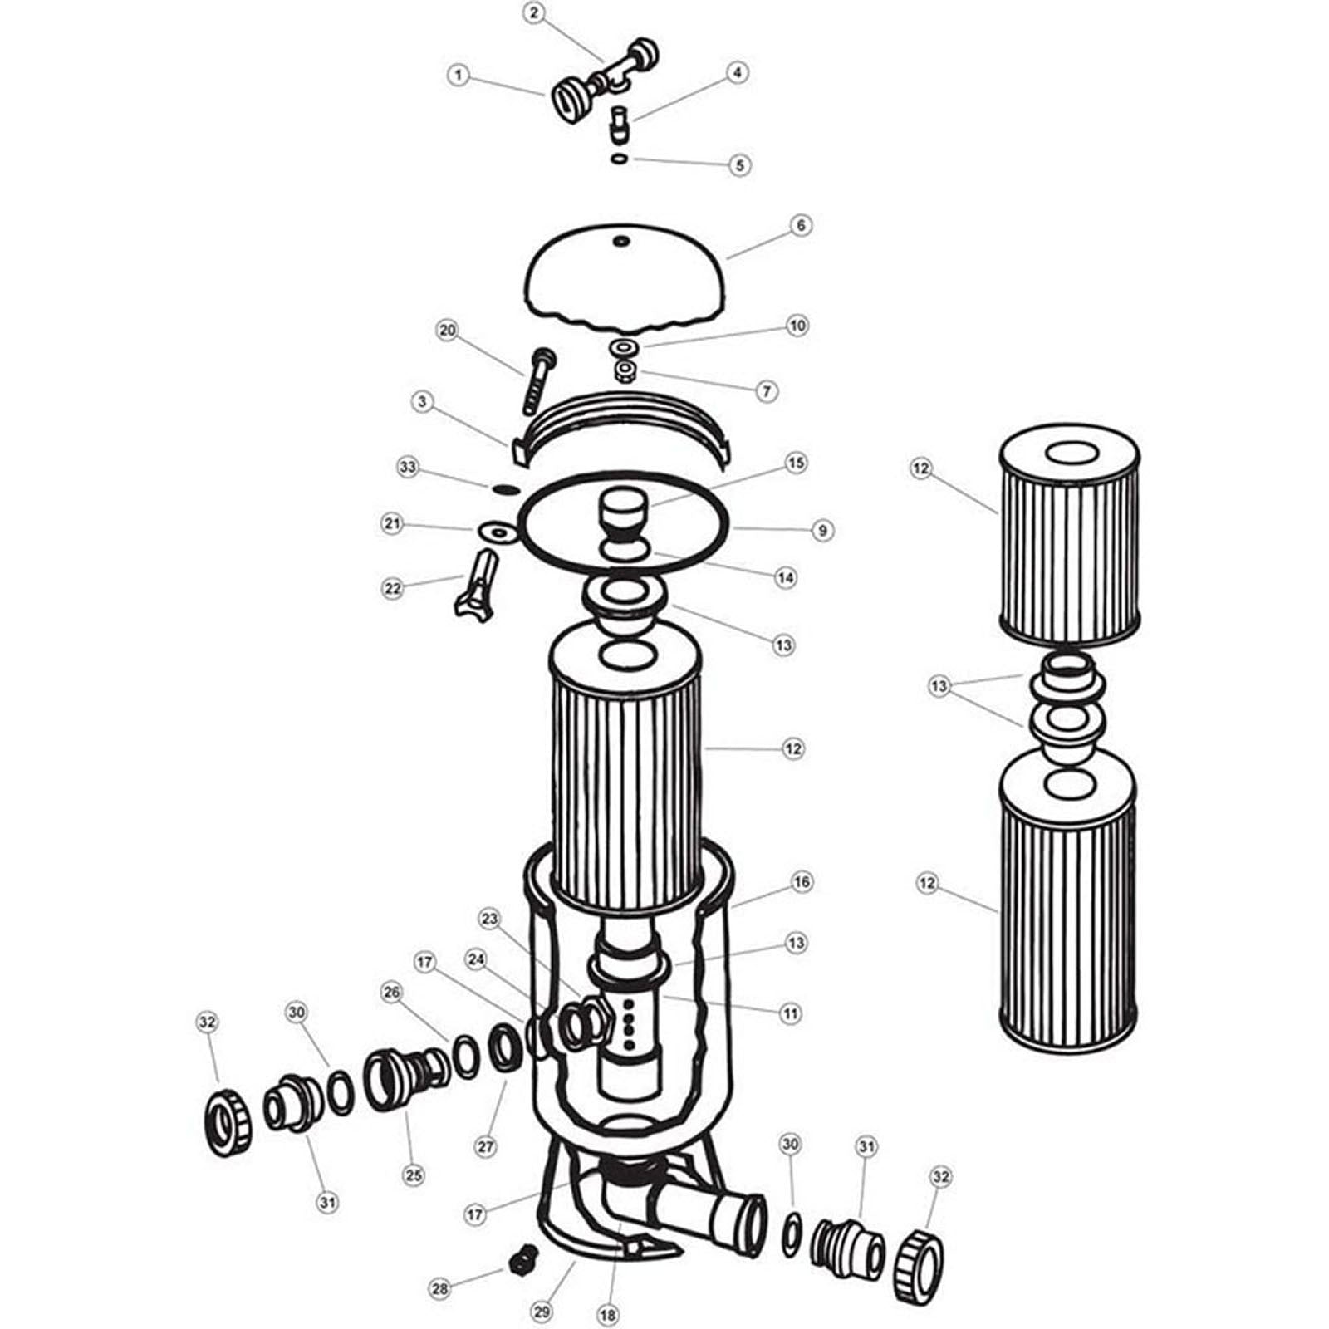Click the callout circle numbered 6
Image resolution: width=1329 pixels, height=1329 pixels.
click(x=800, y=225)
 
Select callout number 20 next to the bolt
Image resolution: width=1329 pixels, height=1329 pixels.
click(x=448, y=330)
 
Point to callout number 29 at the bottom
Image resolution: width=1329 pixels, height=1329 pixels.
click(x=542, y=1312)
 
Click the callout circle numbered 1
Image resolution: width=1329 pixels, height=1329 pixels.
click(x=458, y=76)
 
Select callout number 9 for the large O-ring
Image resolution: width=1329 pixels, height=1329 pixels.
click(x=822, y=530)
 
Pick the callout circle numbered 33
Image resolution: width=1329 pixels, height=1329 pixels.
click(x=408, y=468)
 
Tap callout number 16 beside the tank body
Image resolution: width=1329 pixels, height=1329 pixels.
click(x=801, y=882)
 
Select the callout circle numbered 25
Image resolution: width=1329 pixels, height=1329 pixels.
click(x=414, y=1175)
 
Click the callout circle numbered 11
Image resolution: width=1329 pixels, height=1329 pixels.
click(x=790, y=1013)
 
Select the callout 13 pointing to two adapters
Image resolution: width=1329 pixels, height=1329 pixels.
click(x=939, y=687)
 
